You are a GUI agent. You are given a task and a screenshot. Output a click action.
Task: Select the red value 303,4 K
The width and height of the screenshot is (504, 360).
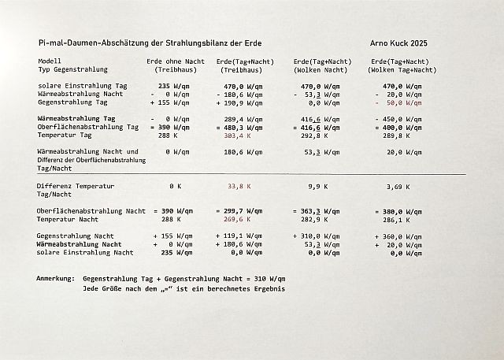(x=238, y=135)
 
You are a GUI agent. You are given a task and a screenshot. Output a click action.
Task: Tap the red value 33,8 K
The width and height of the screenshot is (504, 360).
(x=238, y=187)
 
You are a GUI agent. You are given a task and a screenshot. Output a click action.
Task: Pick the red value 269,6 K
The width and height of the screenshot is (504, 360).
(x=238, y=220)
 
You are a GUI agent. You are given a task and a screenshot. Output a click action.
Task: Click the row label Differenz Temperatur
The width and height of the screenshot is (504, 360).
(x=76, y=186)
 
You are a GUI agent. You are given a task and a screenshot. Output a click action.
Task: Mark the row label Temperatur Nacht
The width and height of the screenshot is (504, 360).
(x=69, y=220)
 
